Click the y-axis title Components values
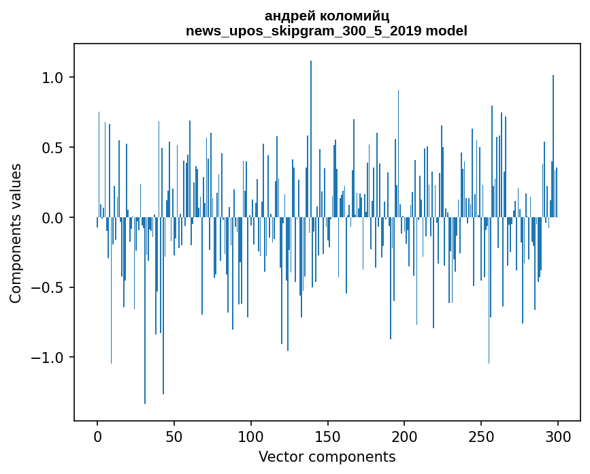[16, 233]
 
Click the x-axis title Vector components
[327, 456]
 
